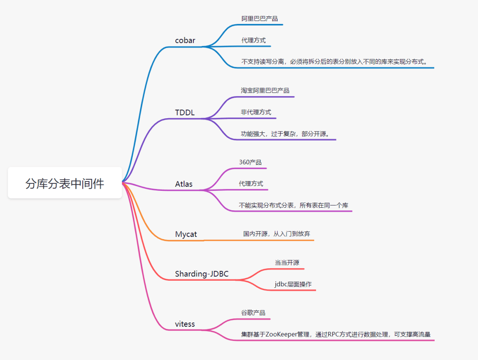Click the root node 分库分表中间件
click(65, 183)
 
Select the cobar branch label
click(185, 41)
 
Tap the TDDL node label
click(185, 112)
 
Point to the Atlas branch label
click(184, 184)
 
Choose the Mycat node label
click(186, 234)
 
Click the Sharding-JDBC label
click(201, 274)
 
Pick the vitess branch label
click(185, 324)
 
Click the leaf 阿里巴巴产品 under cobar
click(259, 19)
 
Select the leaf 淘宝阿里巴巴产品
click(265, 90)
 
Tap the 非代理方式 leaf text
click(256, 112)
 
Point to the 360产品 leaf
click(250, 162)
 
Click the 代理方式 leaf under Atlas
click(251, 183)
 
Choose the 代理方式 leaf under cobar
click(253, 40)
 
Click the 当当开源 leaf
click(287, 263)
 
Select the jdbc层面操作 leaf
click(293, 284)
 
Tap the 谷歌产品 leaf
click(253, 313)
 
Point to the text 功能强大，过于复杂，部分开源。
click(285, 134)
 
